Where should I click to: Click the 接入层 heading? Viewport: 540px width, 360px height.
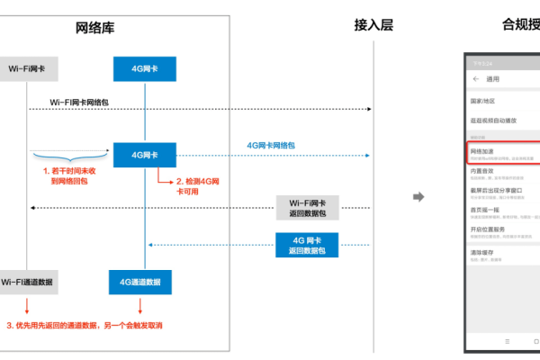[373, 25]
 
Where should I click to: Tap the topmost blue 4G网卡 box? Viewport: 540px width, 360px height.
[144, 68]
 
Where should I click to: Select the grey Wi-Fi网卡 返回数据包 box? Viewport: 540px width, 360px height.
[308, 208]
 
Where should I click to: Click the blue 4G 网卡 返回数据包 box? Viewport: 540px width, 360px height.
[308, 243]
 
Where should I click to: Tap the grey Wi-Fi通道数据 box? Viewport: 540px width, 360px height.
[27, 282]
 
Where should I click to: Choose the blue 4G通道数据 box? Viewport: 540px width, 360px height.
[140, 282]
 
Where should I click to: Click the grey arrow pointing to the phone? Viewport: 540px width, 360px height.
[418, 196]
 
